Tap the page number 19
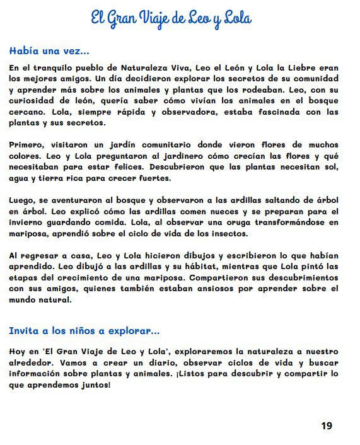pyautogui.click(x=326, y=426)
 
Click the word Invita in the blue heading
pyautogui.click(x=25, y=330)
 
